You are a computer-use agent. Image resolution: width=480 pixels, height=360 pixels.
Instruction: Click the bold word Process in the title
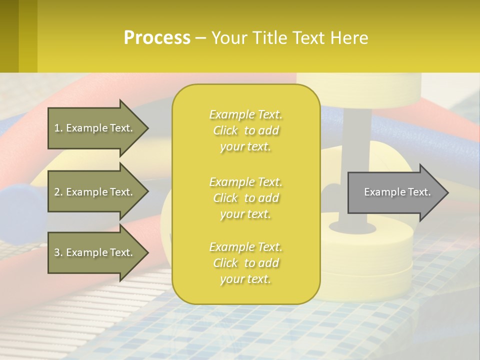coord(157,38)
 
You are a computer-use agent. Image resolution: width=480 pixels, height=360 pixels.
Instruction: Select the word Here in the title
coord(349,38)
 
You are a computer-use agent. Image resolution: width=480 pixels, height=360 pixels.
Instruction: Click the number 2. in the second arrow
coord(58,192)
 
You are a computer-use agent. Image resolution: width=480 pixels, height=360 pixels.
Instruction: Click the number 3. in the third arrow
coord(58,252)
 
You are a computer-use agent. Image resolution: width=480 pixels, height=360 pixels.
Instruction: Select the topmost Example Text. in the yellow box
coord(245,114)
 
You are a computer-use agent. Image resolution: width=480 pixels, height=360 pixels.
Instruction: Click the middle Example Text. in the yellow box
coord(245,181)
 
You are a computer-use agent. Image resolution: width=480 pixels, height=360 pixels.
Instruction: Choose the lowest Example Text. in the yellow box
coord(245,247)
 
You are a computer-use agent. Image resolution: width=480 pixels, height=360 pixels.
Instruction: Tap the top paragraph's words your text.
coord(245,147)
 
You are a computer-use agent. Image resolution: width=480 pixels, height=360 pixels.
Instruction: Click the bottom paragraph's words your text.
coord(245,279)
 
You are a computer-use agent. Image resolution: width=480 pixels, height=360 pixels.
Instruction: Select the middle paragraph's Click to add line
coord(245,198)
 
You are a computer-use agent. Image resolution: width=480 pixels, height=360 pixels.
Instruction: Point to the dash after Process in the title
coord(200,38)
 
